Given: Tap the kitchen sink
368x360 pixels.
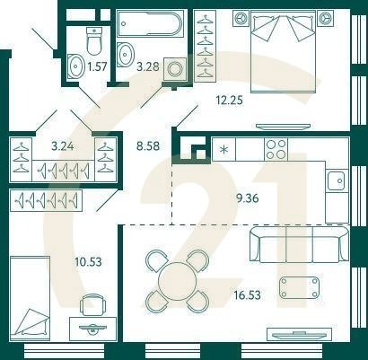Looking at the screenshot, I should pos(336,182).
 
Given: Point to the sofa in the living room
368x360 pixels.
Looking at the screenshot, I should pos(295,241).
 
